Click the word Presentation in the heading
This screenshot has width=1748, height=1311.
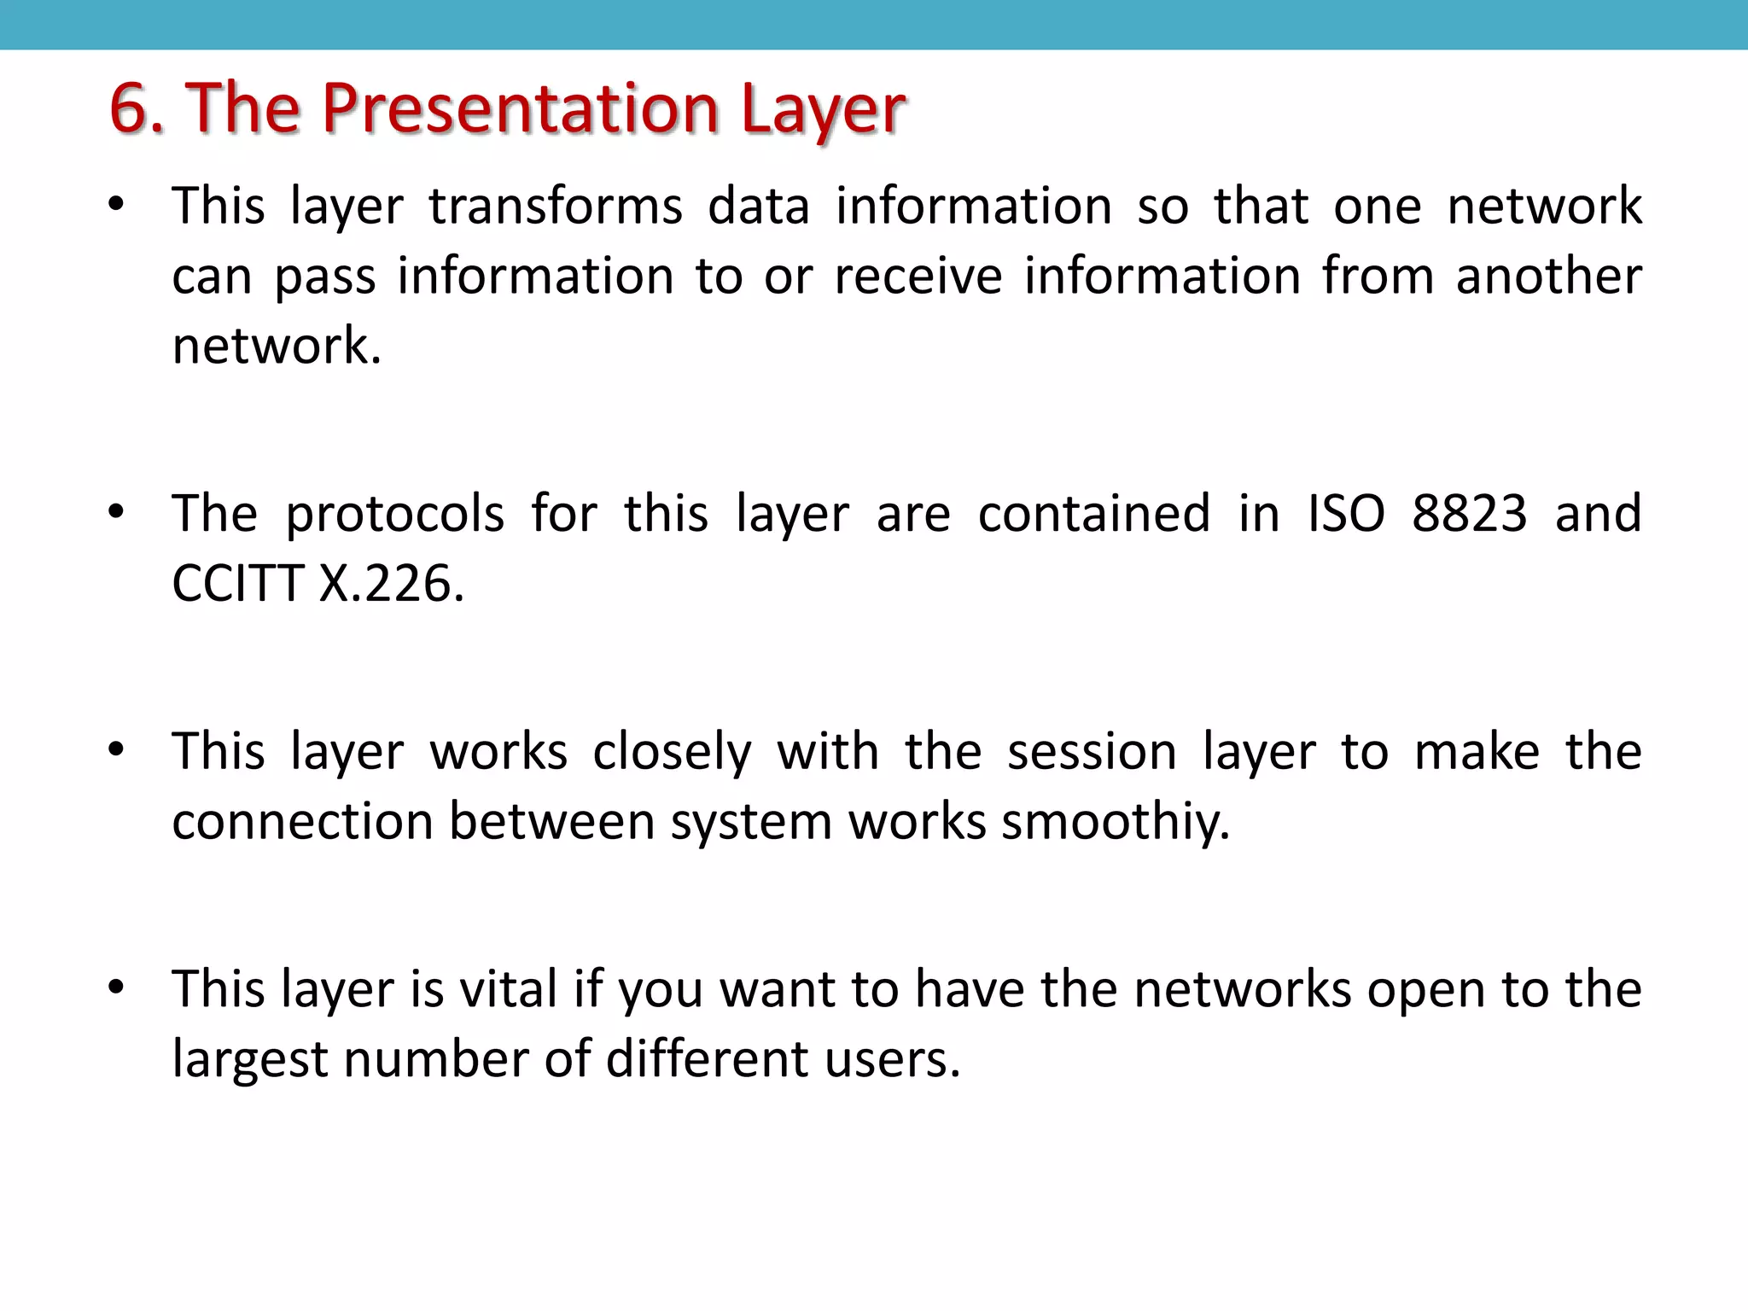pyautogui.click(x=521, y=109)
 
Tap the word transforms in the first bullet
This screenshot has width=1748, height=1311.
pyautogui.click(x=556, y=207)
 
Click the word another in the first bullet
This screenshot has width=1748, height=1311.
pyautogui.click(x=1548, y=277)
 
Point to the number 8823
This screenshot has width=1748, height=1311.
pyautogui.click(x=1469, y=514)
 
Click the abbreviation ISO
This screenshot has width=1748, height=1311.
pyautogui.click(x=1346, y=514)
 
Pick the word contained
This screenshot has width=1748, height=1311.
pyautogui.click(x=1093, y=514)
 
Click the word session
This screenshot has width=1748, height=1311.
pyautogui.click(x=1092, y=752)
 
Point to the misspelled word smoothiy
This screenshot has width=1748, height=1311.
pyautogui.click(x=1116, y=822)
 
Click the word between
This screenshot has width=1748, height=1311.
pyautogui.click(x=551, y=822)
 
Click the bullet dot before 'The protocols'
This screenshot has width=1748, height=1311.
pyautogui.click(x=116, y=512)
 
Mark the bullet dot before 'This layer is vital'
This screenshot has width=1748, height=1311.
pyautogui.click(x=116, y=988)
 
